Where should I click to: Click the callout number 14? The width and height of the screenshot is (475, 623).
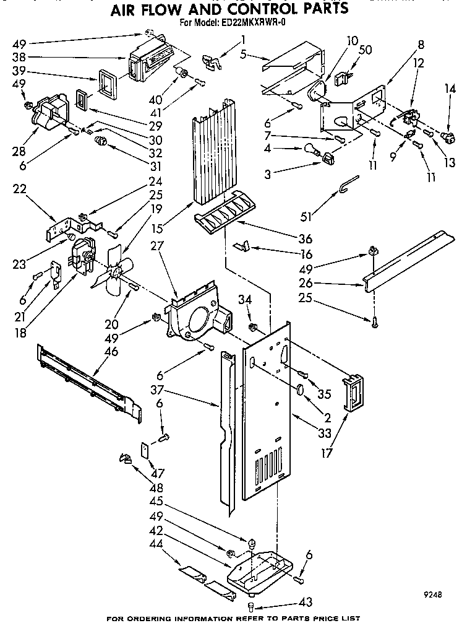(450, 89)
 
